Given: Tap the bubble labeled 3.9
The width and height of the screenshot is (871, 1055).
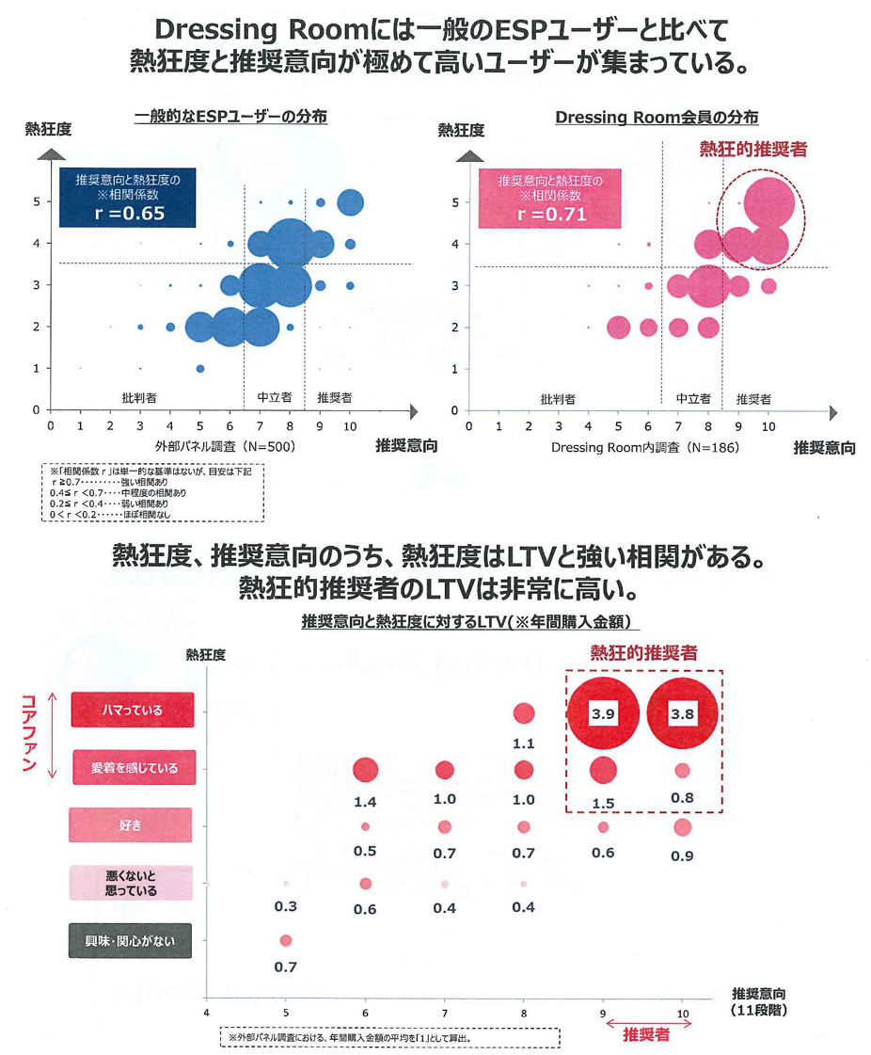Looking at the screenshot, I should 603,713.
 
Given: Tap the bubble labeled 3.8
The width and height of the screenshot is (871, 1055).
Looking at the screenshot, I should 682,713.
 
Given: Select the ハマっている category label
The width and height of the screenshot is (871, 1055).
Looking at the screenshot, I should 132,711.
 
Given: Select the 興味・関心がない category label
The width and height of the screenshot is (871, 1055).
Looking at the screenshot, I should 131,940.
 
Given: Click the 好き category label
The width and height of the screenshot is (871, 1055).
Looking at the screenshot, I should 131,825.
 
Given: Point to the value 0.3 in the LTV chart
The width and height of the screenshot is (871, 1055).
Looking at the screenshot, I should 286,906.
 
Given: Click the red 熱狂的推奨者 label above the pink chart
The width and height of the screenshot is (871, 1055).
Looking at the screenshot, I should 752,149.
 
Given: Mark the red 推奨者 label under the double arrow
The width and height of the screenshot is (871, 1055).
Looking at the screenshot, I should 646,1034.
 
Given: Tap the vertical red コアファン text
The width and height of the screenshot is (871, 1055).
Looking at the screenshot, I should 27,737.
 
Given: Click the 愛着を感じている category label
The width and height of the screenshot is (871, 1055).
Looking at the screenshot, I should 132,768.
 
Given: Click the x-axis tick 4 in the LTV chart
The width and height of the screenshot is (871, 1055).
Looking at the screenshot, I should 207,1013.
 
